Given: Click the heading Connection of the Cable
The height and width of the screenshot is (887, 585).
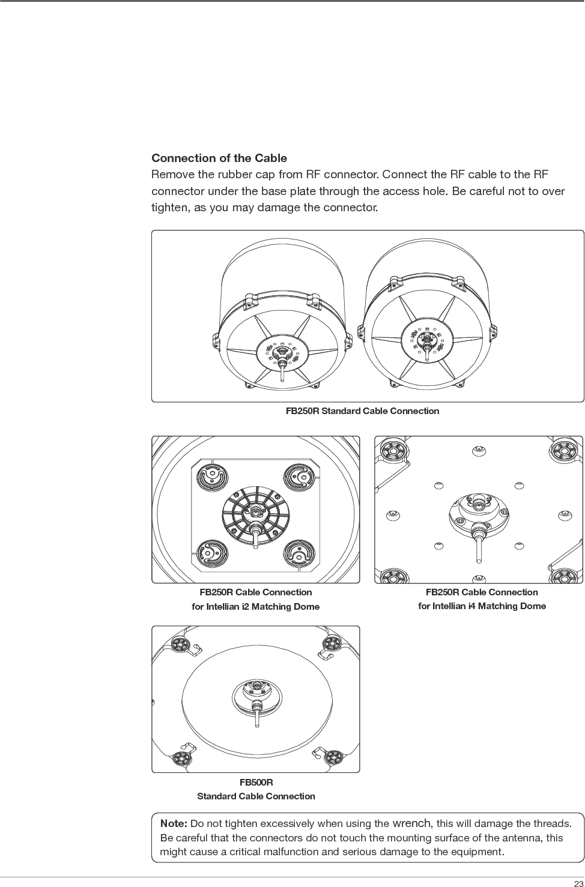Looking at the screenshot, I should coord(219,158).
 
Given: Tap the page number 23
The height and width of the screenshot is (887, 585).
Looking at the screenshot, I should coord(578,882).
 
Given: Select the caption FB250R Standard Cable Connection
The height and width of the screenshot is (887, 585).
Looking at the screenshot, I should coord(362,411).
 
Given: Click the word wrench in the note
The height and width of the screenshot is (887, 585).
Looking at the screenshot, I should coord(411,823).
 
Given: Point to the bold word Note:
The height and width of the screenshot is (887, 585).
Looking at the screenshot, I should coord(174,823).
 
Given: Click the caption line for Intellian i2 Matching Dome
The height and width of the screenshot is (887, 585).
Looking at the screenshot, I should coord(255,607).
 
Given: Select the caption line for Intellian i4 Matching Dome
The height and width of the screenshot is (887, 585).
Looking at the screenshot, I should coord(482,606).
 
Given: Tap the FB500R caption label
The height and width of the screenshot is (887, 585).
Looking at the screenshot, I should coord(256,783).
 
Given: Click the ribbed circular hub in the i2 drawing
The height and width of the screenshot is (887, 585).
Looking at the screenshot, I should coord(256,512).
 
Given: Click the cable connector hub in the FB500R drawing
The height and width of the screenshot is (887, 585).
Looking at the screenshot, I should coord(256,696).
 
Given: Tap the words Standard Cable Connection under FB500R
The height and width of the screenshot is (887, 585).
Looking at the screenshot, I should coord(256,796).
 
